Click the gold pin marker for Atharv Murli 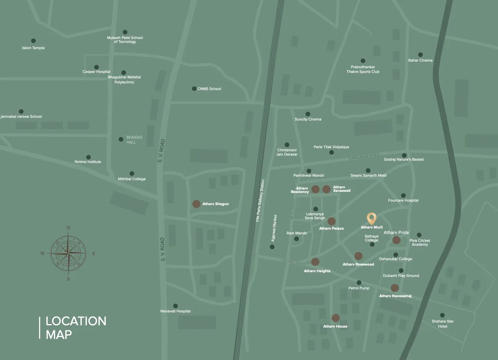click(x=372, y=218)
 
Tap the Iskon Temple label click(x=33, y=48)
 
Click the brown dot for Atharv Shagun click(x=196, y=204)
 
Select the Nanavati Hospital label click(x=175, y=311)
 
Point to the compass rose click(x=68, y=253)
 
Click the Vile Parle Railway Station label click(x=260, y=201)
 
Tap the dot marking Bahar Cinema click(x=420, y=55)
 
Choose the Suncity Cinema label click(x=308, y=119)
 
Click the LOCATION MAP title click(x=76, y=328)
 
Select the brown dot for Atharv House click(x=336, y=318)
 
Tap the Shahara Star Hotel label click(x=443, y=324)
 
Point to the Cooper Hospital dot click(x=96, y=67)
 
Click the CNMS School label click(x=209, y=89)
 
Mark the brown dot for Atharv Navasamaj click(x=395, y=288)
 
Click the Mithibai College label click(x=132, y=179)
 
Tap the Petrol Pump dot click(x=359, y=283)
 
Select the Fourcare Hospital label click(x=403, y=200)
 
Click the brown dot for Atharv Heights click(x=315, y=262)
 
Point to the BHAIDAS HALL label click(x=132, y=140)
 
